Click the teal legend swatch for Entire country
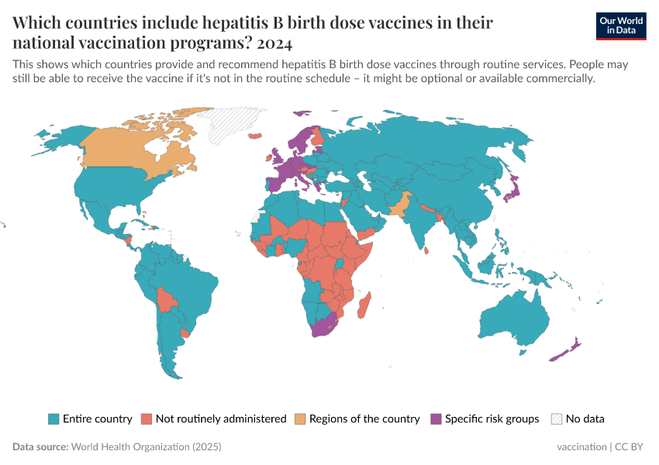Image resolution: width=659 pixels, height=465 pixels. [x=53, y=418]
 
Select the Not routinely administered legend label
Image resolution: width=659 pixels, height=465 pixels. [x=221, y=418]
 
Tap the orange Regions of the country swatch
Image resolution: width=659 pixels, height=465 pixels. [x=300, y=418]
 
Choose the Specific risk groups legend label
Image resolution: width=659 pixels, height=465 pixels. [x=492, y=418]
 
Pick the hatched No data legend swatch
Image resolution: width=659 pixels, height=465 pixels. [x=556, y=418]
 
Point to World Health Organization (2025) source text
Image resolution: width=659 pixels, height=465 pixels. [x=146, y=447]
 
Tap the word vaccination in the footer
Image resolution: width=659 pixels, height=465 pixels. [x=581, y=447]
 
